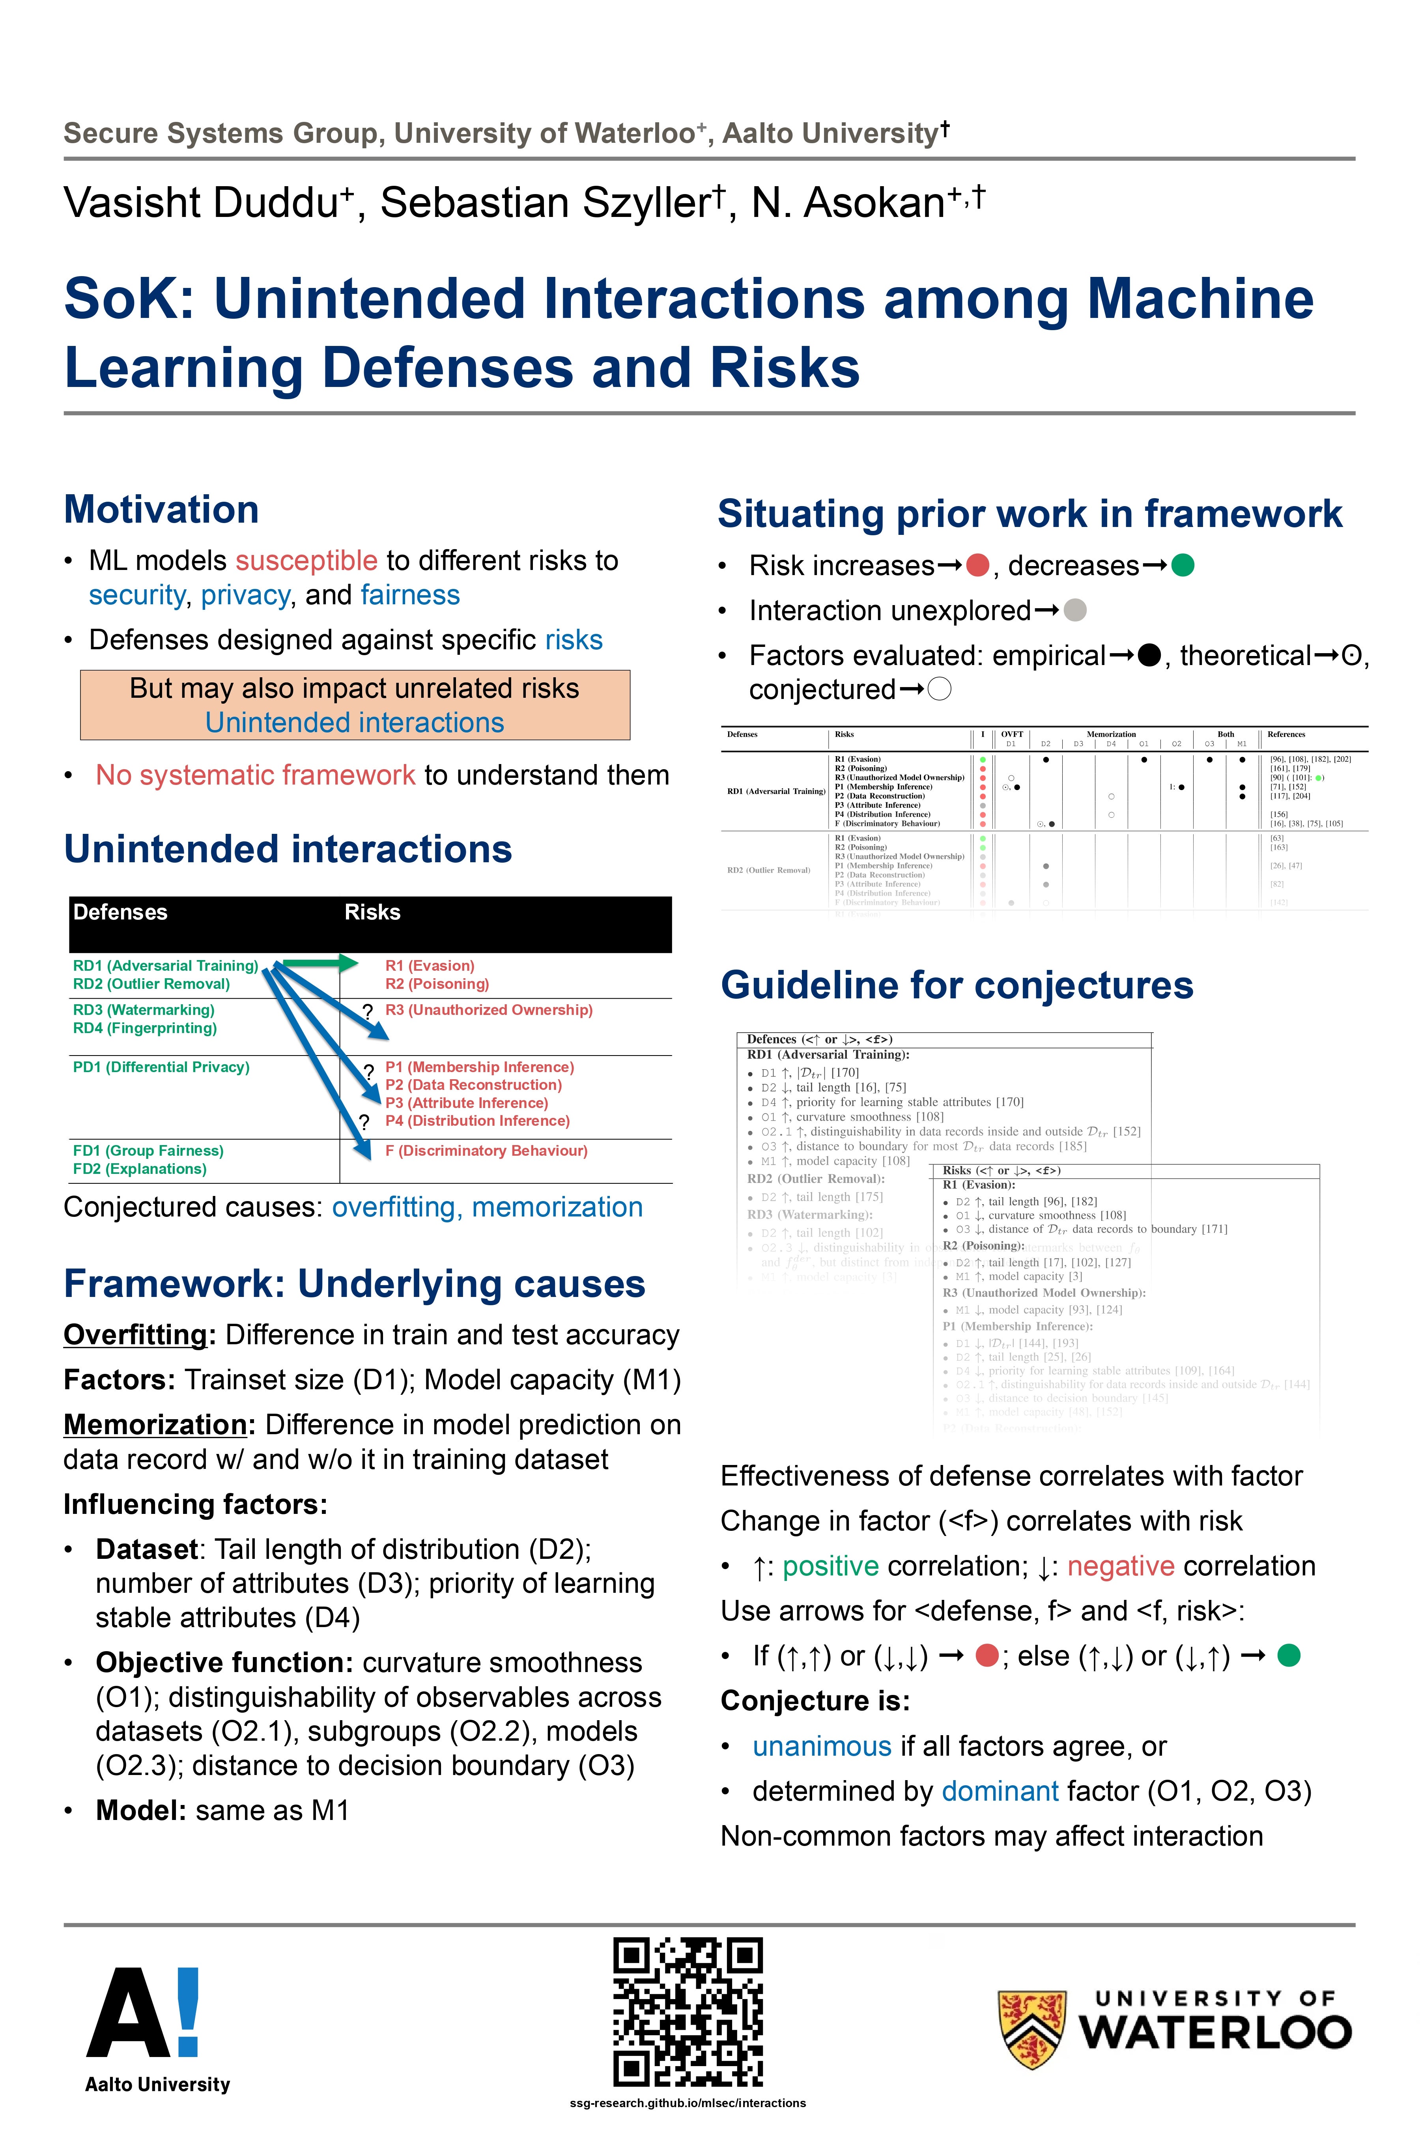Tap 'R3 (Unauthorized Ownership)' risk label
click(489, 1010)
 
